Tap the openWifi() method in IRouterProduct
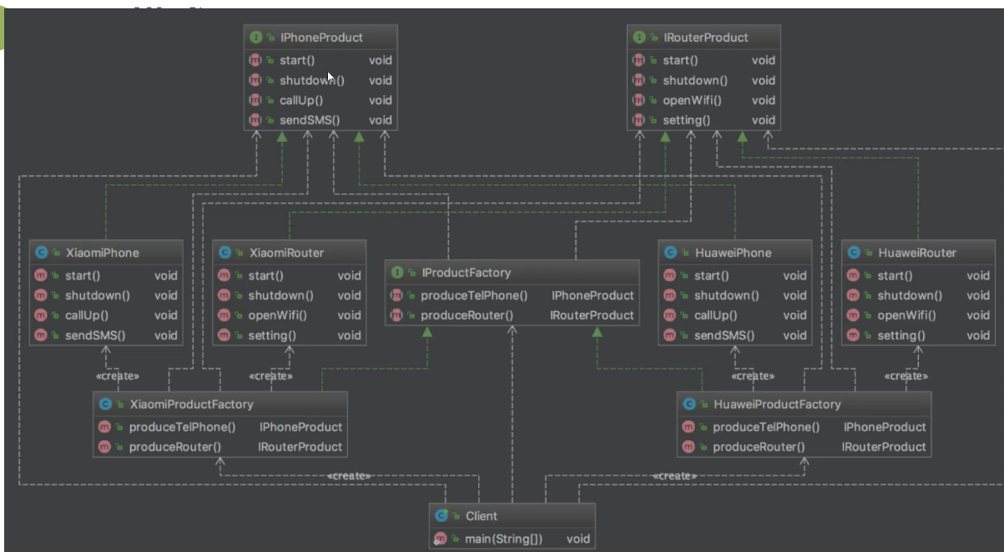[692, 100]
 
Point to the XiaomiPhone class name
[102, 253]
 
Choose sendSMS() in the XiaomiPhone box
[94, 335]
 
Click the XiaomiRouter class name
[286, 253]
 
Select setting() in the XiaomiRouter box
[271, 335]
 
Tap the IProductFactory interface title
[466, 273]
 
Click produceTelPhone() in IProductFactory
[474, 295]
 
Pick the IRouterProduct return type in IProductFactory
[592, 315]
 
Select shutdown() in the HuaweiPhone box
[726, 295]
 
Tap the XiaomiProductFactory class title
[191, 404]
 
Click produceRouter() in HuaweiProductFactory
[759, 446]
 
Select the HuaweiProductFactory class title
[778, 404]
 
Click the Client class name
[481, 516]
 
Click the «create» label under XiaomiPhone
[118, 376]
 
